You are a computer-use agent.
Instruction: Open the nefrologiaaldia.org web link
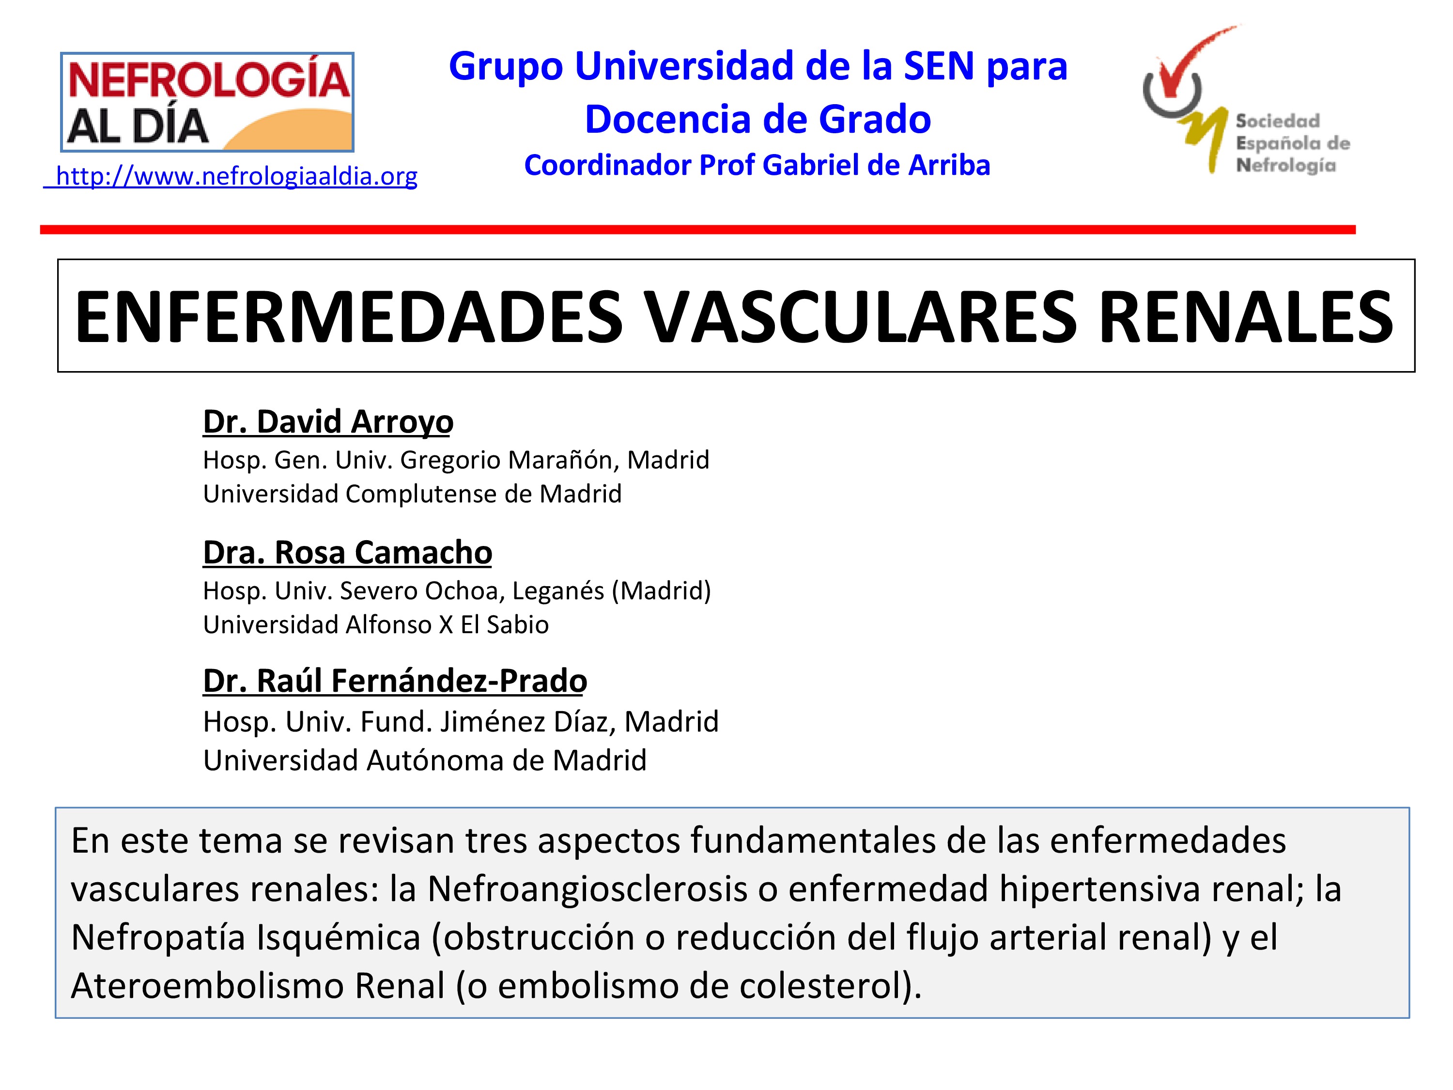pyautogui.click(x=231, y=176)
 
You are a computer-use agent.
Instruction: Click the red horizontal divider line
pyautogui.click(x=697, y=229)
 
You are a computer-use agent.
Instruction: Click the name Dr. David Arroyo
pyautogui.click(x=328, y=422)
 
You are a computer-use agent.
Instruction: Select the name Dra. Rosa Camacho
pyautogui.click(x=347, y=552)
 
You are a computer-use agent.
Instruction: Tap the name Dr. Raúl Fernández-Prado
pyautogui.click(x=395, y=681)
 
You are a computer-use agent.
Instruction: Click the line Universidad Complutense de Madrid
pyautogui.click(x=412, y=494)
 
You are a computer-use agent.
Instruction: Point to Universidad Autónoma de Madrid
pyautogui.click(x=425, y=760)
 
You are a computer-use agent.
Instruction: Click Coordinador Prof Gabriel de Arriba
pyautogui.click(x=757, y=165)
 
